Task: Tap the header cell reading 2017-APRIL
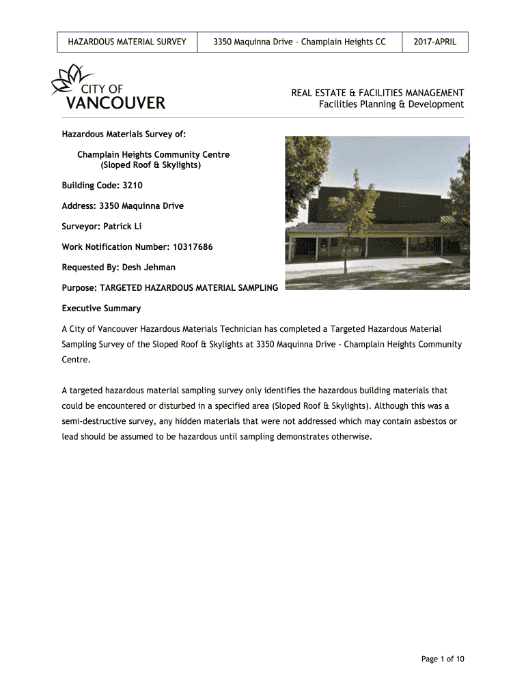(435, 42)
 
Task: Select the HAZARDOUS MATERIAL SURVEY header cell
(127, 42)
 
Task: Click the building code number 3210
(133, 185)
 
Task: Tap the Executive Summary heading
(101, 309)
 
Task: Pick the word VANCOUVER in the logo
(115, 104)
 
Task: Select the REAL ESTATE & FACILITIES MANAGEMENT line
(378, 93)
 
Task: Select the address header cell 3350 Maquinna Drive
(299, 42)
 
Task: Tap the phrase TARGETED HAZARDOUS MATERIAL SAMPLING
(189, 288)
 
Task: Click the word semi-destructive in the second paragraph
(98, 421)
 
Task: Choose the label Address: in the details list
(79, 205)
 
